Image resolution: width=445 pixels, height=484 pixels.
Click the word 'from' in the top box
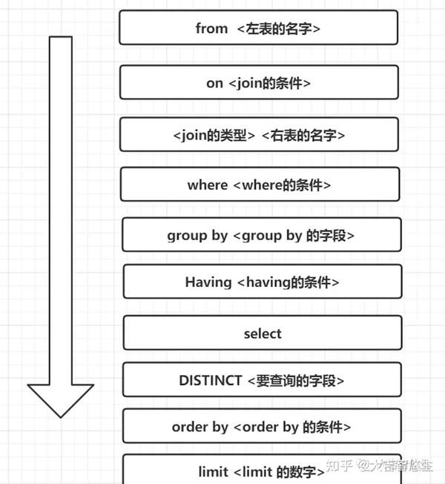211,28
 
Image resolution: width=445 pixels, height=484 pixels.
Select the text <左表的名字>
279,29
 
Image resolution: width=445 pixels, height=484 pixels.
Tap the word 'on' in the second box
214,83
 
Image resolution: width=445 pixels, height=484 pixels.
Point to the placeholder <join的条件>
269,83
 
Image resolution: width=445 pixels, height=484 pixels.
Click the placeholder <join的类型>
214,135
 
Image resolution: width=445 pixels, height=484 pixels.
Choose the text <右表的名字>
303,135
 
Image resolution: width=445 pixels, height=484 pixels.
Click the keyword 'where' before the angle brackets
208,185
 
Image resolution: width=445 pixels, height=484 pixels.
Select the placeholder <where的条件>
282,185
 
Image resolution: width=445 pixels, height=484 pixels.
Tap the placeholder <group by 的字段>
294,236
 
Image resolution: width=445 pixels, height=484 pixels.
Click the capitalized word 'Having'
208,282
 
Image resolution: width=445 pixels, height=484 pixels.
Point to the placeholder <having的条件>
288,282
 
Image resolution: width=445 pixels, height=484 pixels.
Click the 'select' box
263,333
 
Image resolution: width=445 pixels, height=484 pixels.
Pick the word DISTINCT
211,380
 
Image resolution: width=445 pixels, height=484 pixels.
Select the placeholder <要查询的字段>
296,380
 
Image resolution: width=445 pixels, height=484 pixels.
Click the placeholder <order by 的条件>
292,427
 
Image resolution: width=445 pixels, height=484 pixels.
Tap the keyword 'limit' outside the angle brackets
213,471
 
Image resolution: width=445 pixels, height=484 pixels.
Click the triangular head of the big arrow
61,401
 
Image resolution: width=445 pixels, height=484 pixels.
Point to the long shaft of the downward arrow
61,210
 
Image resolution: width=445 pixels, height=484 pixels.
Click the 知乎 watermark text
340,465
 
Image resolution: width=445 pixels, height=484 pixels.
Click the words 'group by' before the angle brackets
197,236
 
